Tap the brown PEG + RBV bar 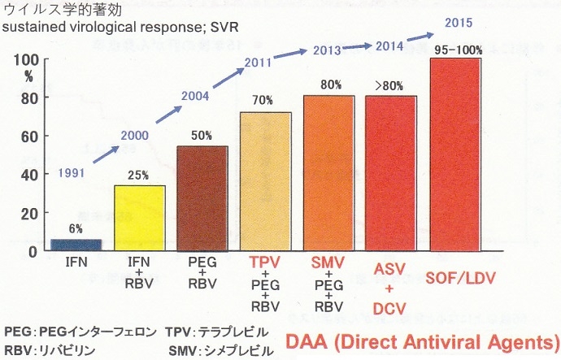click(202, 198)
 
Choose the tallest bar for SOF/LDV click(455, 154)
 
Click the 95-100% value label click(458, 50)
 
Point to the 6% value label click(76, 229)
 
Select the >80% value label click(391, 85)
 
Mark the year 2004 click(197, 97)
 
